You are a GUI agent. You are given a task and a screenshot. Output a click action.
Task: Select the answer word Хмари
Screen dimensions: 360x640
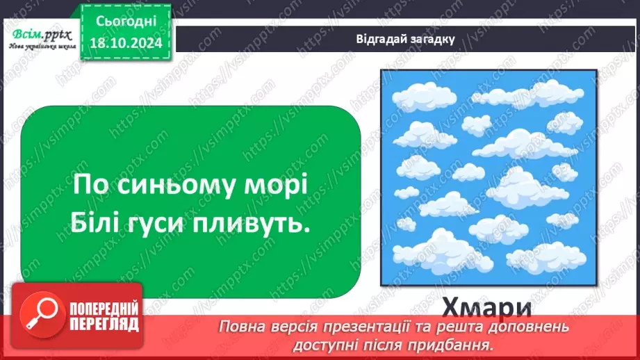(x=489, y=307)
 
